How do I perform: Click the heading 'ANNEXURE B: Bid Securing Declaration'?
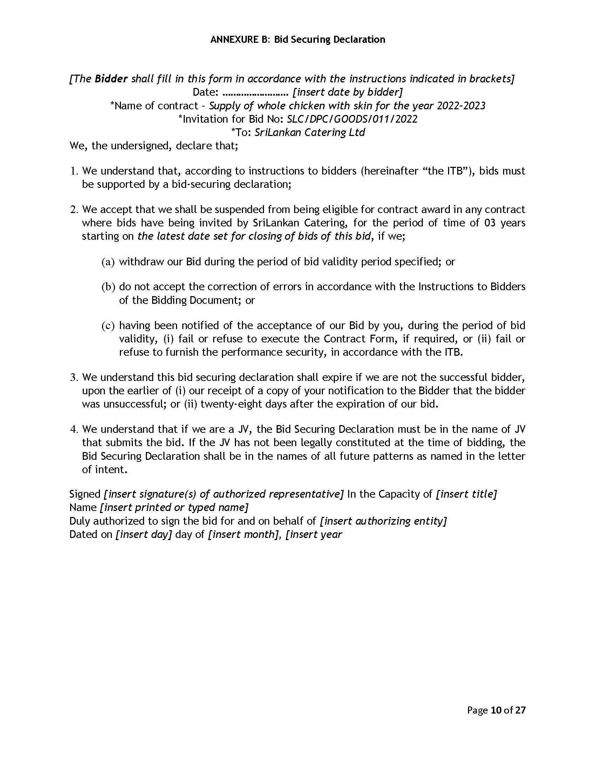(x=298, y=39)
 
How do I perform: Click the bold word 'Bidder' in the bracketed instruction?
(x=111, y=79)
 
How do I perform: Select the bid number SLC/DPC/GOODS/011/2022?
(x=352, y=119)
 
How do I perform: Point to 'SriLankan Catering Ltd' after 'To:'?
(x=310, y=132)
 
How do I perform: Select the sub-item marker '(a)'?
(x=108, y=262)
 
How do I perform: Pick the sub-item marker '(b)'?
(x=108, y=287)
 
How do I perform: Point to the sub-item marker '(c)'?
(x=108, y=326)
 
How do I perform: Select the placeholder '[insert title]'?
(x=466, y=494)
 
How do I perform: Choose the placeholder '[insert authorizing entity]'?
(x=383, y=521)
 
